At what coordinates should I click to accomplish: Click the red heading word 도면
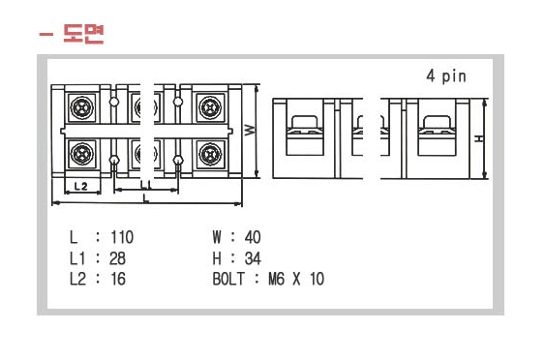click(x=83, y=36)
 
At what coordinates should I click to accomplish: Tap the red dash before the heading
click(x=45, y=36)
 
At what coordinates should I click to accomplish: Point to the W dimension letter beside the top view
click(x=249, y=130)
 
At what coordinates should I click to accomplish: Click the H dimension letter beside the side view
click(x=478, y=137)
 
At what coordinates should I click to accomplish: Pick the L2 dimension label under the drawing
click(x=81, y=184)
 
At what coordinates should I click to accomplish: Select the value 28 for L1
click(x=117, y=258)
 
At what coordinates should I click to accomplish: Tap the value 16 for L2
click(x=117, y=279)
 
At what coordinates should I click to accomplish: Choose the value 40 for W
click(x=253, y=237)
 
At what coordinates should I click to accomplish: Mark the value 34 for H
click(x=253, y=258)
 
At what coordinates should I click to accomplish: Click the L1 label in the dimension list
click(x=78, y=258)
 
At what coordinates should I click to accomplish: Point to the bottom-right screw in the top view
click(x=210, y=153)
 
